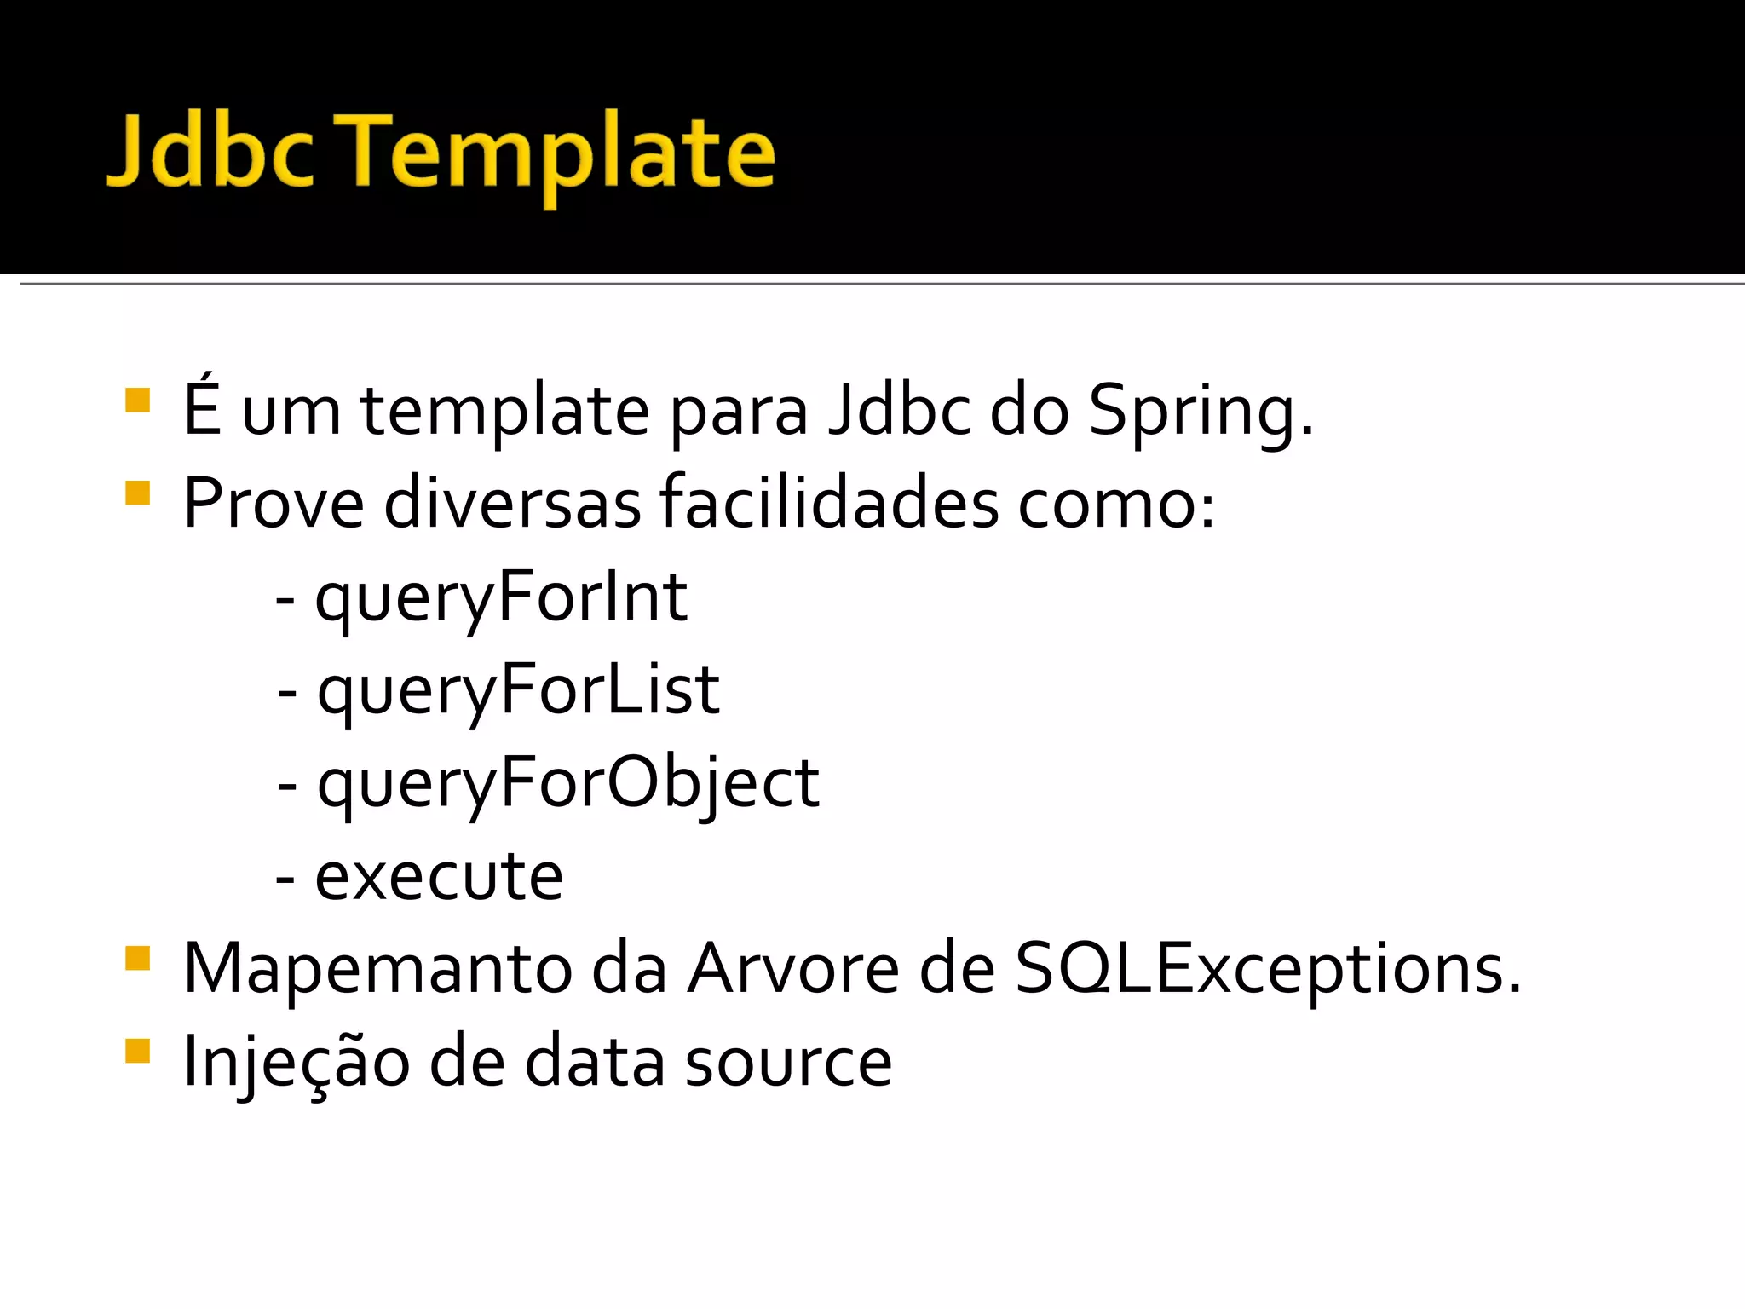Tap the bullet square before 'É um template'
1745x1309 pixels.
(x=137, y=401)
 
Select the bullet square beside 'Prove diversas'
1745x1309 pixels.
(x=137, y=493)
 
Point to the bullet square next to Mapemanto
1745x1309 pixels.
(x=137, y=959)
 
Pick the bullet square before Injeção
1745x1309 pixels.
(x=137, y=1052)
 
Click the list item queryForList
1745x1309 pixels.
(x=518, y=691)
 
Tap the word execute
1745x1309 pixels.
(x=439, y=876)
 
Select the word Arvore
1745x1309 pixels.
(x=793, y=969)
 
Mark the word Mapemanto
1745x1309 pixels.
(x=377, y=969)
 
